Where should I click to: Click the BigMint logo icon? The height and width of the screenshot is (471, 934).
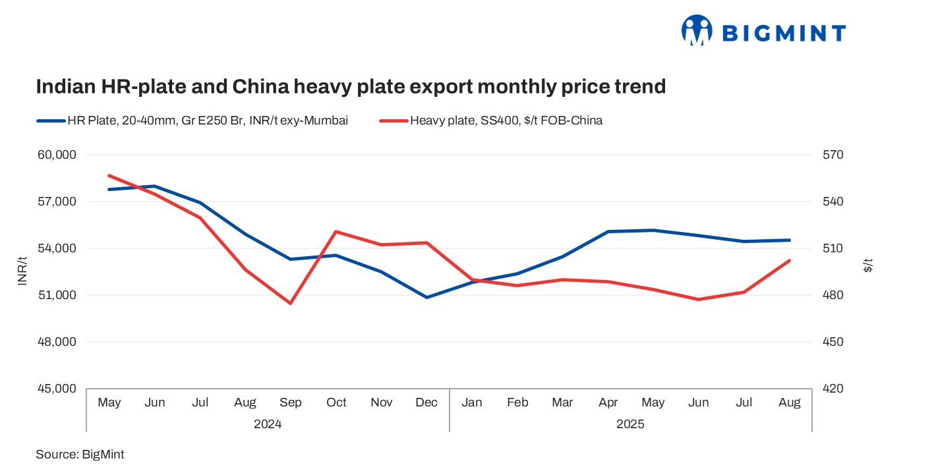pos(697,31)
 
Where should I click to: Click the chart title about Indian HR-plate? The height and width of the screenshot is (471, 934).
pos(351,86)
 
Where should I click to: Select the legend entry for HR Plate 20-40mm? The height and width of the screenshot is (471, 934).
pos(192,121)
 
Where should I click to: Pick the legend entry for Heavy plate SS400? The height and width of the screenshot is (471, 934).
pos(490,121)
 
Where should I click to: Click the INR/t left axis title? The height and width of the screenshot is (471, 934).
pos(22,271)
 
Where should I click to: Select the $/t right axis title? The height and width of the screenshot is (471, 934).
pos(868,267)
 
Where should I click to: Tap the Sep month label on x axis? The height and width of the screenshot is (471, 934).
pos(290,402)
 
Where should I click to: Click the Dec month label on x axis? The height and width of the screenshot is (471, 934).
pos(427,402)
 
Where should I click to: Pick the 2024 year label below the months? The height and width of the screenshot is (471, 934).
pos(268,424)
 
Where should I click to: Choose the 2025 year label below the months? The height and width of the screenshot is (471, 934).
pos(630,424)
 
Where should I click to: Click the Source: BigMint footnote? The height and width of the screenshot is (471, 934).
pos(80,455)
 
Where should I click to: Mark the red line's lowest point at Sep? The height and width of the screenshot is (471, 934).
pos(290,303)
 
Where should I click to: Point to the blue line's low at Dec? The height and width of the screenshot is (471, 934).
pos(427,297)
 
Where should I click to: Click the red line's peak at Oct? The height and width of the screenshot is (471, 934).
pos(336,231)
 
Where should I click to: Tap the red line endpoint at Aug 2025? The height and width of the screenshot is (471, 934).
pos(790,261)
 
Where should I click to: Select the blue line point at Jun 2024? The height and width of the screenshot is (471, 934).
pos(154,186)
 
